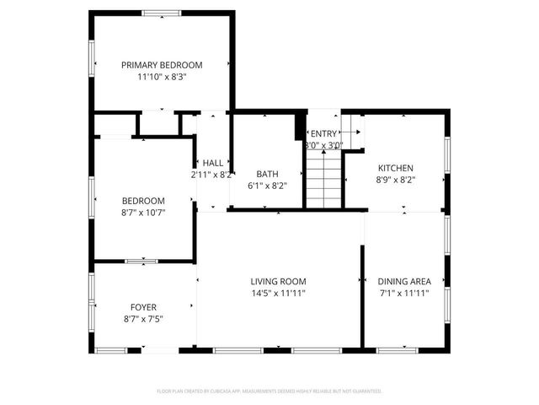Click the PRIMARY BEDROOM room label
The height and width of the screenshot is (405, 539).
tap(162, 65)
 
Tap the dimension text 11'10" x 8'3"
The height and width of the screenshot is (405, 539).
tap(162, 77)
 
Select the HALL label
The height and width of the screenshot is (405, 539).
tap(213, 163)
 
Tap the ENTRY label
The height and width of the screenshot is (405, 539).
tap(324, 133)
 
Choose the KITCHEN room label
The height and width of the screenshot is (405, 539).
tap(395, 167)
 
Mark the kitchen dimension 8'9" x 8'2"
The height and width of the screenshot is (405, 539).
tap(395, 179)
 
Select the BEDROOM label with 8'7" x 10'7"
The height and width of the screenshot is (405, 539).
tap(143, 200)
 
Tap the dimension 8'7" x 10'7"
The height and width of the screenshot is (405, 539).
tap(143, 212)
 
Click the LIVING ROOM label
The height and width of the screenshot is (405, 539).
tap(278, 281)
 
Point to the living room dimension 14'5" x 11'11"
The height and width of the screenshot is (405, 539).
tap(278, 293)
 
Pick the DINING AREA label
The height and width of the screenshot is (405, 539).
tap(404, 281)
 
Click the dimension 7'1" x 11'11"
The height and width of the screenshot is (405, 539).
tap(404, 293)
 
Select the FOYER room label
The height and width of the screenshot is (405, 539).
tap(143, 306)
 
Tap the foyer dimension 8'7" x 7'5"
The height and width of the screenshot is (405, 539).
tap(143, 318)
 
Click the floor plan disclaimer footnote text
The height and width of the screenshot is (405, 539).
tap(269, 391)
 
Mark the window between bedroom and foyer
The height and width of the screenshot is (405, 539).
tap(141, 261)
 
